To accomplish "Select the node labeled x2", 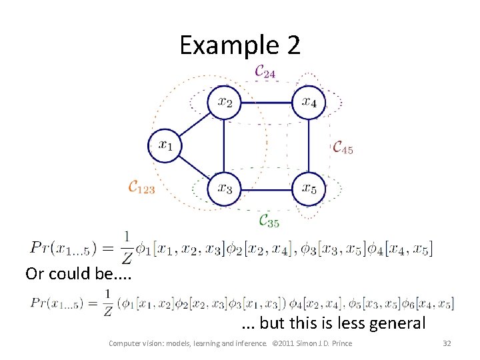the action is (x=224, y=103).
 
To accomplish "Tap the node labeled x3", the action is (x=224, y=189).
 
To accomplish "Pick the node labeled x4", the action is (x=309, y=103).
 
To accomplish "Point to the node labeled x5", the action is (x=309, y=189).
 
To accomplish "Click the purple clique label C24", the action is (x=265, y=71).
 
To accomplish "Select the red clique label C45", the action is (x=343, y=147).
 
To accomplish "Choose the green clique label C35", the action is (x=269, y=221).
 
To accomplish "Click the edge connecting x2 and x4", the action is (x=267, y=103).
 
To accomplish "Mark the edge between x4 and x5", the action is (x=309, y=145).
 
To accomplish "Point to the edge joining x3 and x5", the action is (x=267, y=189).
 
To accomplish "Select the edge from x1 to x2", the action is (x=195, y=124).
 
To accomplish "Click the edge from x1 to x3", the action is (x=195, y=167).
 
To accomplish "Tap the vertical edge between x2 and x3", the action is (x=224, y=145).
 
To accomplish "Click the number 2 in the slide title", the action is (x=293, y=45).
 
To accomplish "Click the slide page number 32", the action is (x=447, y=343).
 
